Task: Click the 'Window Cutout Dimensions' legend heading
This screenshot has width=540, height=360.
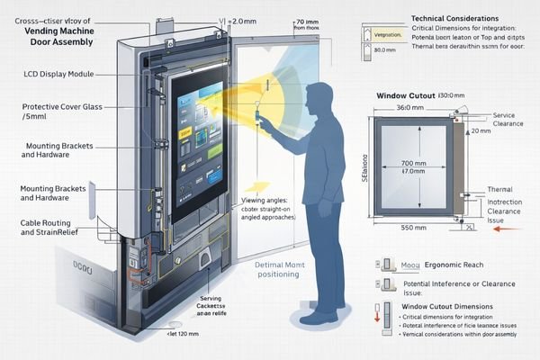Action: tap(446, 307)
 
